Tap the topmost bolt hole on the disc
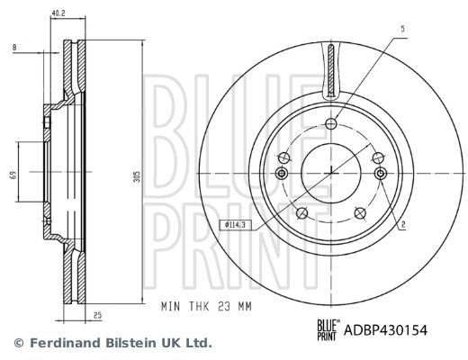(330, 124)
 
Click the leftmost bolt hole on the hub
(281, 173)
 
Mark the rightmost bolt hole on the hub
(380, 173)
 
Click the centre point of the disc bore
(330, 171)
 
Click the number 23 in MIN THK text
(219, 306)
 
